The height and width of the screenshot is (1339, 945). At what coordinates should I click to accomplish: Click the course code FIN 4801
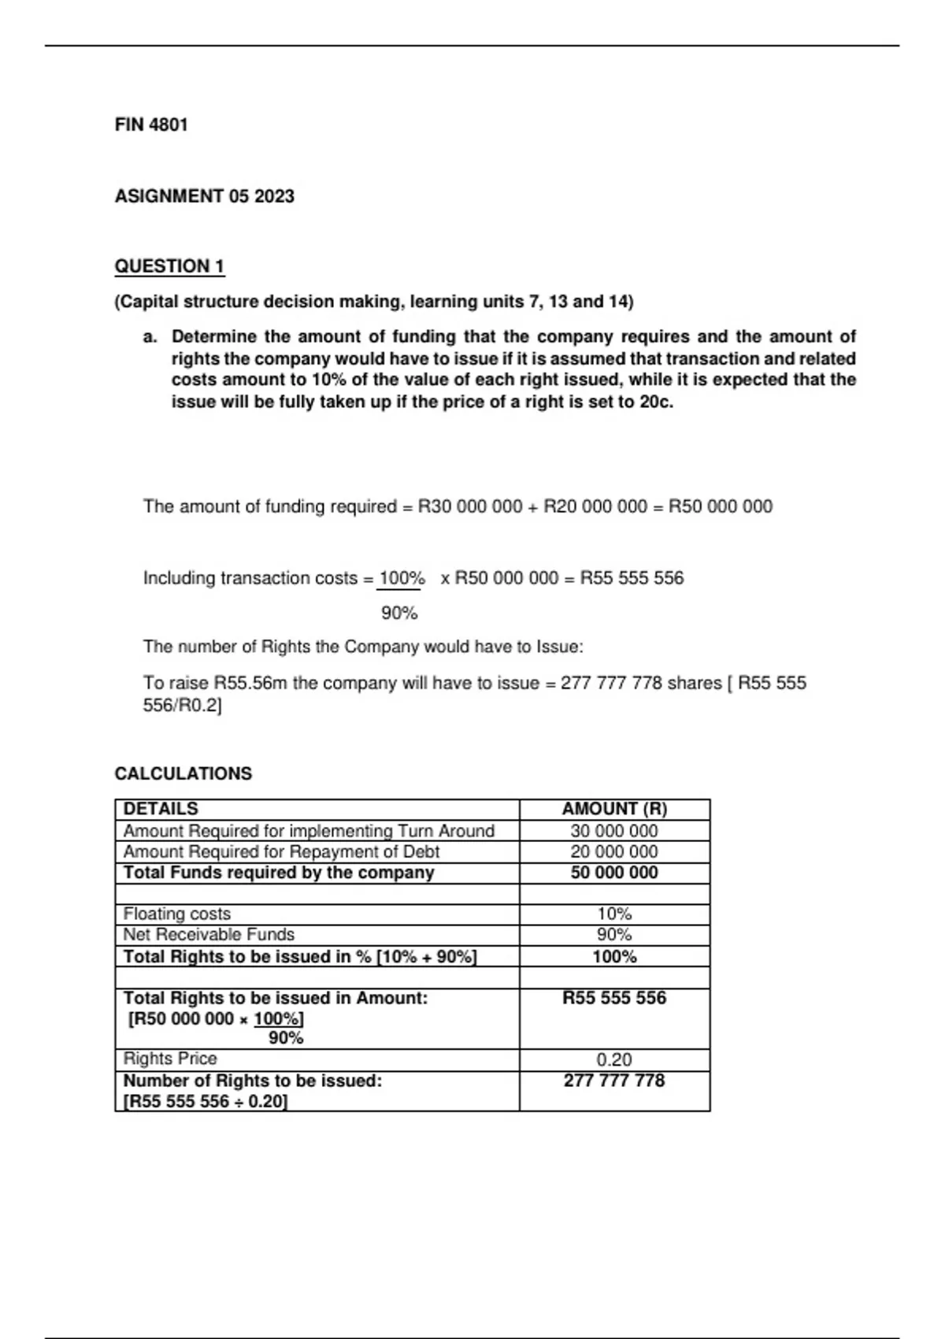[x=151, y=124]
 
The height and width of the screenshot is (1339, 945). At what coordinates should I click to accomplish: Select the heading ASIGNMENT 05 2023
[x=204, y=196]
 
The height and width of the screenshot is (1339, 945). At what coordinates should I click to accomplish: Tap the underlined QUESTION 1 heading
[x=169, y=266]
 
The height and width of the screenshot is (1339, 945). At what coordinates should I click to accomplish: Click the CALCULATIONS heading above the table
[x=183, y=773]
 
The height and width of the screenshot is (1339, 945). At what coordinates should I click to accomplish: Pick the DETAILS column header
[x=161, y=809]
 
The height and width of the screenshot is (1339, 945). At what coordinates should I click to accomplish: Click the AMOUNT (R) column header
[x=614, y=809]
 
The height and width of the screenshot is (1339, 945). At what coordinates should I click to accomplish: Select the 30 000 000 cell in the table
[x=614, y=831]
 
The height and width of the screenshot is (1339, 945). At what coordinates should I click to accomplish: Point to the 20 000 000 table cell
[x=614, y=851]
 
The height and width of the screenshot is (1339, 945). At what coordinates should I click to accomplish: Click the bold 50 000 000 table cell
[x=614, y=873]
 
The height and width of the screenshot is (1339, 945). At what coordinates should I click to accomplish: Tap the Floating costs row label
[x=177, y=914]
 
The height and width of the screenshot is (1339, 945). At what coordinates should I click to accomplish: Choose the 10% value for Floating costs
[x=614, y=914]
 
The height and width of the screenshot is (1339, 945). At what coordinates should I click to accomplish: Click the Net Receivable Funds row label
[x=209, y=934]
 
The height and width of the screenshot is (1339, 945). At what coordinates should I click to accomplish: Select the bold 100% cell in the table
[x=614, y=956]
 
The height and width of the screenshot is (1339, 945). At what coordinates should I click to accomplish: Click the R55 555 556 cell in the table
[x=614, y=998]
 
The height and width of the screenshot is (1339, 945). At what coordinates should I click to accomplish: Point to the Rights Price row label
[x=170, y=1059]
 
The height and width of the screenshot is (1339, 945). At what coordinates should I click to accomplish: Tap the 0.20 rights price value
[x=614, y=1059]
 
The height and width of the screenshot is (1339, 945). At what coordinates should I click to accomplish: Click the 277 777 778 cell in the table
[x=614, y=1081]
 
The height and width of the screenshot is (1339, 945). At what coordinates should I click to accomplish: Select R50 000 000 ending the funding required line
[x=721, y=506]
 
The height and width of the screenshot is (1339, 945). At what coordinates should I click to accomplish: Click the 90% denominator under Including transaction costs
[x=399, y=613]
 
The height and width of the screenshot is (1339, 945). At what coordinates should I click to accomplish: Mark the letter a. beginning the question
[x=150, y=337]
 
